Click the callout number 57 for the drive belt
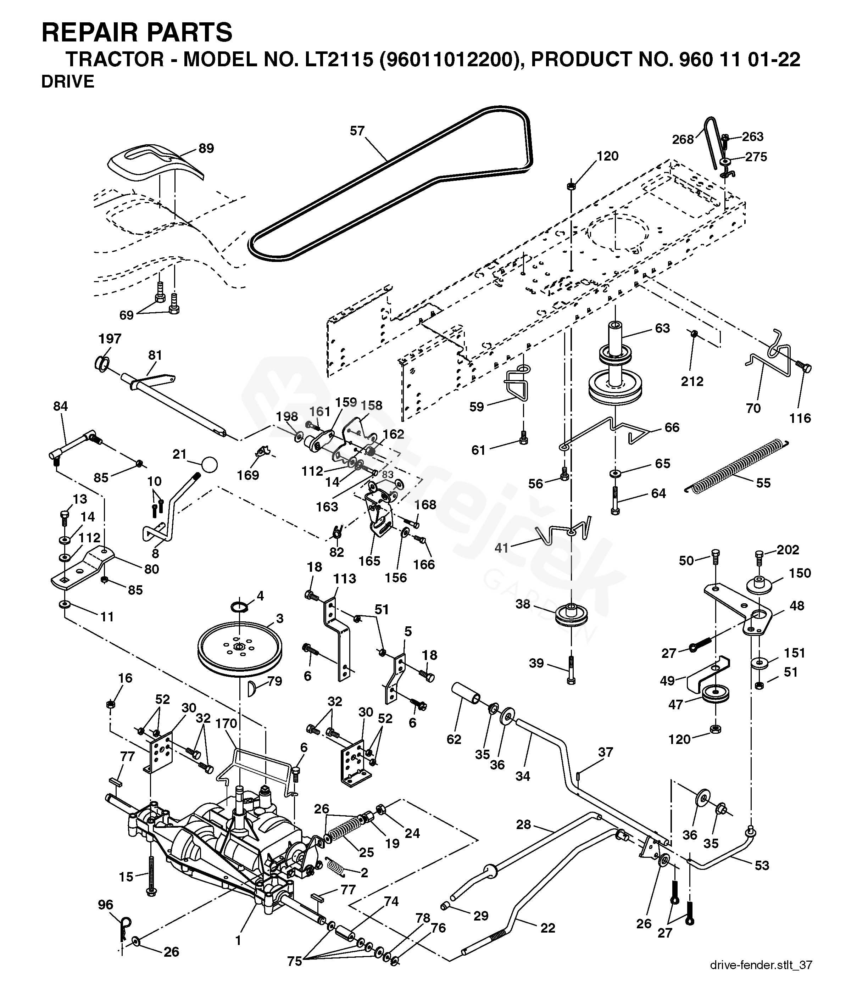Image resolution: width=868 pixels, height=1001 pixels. tap(357, 131)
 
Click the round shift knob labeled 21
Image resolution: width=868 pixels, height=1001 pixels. tap(209, 465)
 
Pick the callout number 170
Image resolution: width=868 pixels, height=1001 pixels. tap(226, 723)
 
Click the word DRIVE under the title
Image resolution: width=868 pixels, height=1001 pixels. tap(68, 82)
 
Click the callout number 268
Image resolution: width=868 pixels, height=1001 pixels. tap(683, 139)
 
